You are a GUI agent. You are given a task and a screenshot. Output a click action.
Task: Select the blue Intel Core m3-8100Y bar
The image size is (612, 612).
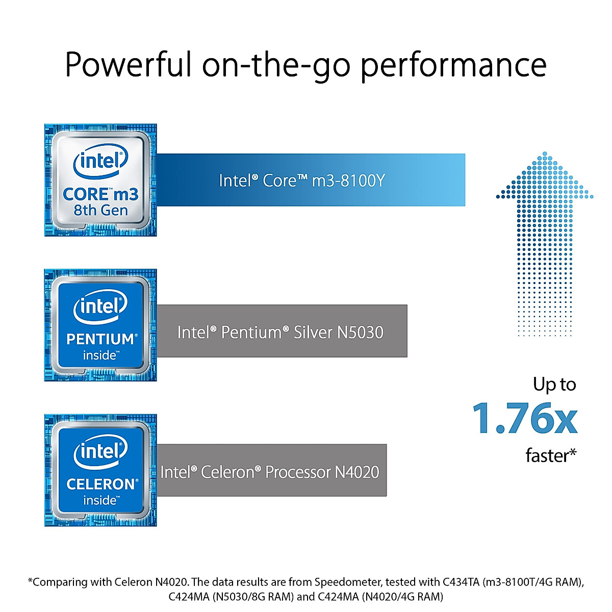coord(311,180)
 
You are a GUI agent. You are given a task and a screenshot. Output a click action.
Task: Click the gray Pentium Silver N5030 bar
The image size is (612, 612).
coord(282,331)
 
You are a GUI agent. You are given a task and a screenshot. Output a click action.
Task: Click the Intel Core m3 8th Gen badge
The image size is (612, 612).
coord(100,180)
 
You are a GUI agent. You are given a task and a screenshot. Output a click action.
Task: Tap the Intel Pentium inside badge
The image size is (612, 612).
coord(100,325)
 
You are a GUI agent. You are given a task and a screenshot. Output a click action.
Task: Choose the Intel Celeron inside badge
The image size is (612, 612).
coord(100,470)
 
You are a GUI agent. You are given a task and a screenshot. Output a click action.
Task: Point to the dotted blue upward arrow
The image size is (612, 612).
coord(545,240)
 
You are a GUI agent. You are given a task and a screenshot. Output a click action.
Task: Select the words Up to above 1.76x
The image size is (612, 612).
coord(554,384)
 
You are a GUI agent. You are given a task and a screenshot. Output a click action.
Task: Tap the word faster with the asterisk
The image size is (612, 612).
coord(551,455)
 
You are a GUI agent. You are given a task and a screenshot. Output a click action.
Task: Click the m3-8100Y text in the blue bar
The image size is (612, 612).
coord(348,181)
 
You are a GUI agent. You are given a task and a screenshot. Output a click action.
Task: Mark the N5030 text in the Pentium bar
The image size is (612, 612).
coord(360,332)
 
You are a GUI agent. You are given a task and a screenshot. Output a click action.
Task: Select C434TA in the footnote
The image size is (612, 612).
coord(461,582)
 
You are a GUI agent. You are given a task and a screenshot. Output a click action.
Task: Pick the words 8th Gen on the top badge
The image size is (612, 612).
coord(100,210)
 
